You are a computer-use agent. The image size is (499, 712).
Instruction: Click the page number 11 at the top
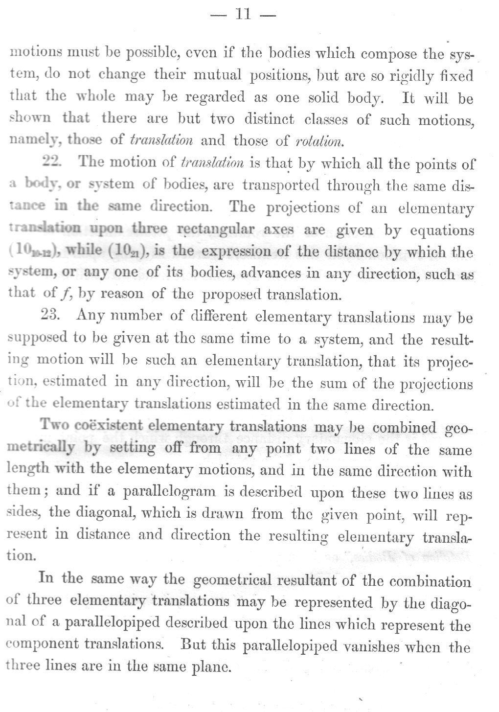(x=243, y=14)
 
